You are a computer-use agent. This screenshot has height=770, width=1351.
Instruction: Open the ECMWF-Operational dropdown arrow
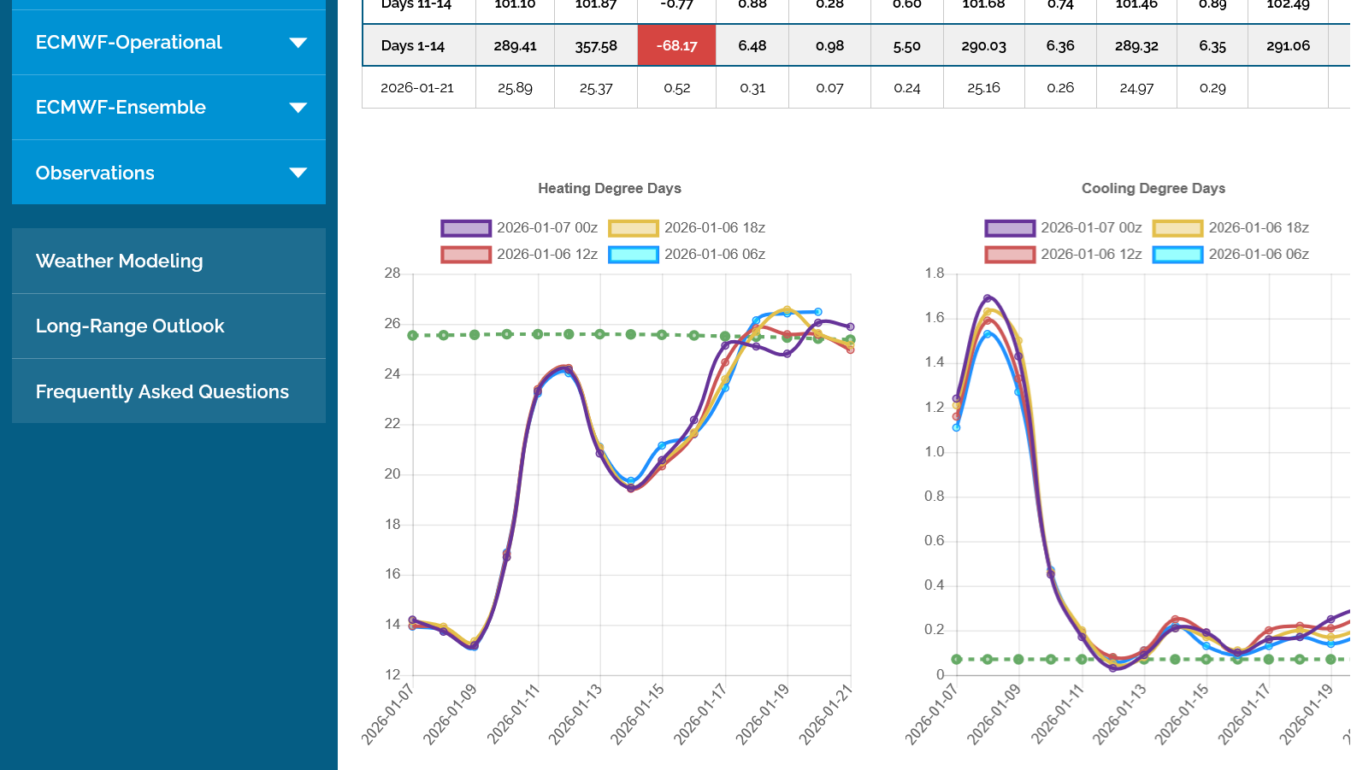coord(298,43)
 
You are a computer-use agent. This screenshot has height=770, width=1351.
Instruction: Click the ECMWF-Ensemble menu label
coord(121,108)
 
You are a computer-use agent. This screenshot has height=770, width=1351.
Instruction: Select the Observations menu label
coord(95,173)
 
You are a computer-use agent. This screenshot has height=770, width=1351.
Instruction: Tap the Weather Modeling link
coord(120,262)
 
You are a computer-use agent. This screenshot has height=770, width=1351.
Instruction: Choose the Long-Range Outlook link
coord(130,326)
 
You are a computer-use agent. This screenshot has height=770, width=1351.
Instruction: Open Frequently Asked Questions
coord(162,391)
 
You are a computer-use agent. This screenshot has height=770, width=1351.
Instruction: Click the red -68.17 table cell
coord(676,46)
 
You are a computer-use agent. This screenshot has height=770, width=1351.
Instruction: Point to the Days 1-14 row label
coord(413,46)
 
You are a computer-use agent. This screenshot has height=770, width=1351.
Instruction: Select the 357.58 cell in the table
coord(596,46)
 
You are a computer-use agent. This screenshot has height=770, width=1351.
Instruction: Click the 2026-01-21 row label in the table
coord(417,88)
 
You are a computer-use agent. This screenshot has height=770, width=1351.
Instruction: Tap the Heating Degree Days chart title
coord(610,188)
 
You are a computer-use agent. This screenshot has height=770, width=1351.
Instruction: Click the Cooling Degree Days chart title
coord(1153,188)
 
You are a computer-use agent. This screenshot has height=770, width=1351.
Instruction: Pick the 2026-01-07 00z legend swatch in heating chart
coord(466,228)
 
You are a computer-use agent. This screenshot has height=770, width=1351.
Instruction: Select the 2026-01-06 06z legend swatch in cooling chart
coord(1177,255)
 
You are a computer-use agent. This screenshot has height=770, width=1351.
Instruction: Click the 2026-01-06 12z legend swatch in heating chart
coord(466,255)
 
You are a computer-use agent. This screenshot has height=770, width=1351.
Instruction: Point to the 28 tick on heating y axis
coord(392,273)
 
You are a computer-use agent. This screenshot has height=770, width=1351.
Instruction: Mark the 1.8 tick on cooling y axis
coord(935,273)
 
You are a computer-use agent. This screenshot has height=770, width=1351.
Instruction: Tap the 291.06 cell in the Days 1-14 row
coord(1288,46)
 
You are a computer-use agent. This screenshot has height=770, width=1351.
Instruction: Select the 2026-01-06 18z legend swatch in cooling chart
coord(1177,228)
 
